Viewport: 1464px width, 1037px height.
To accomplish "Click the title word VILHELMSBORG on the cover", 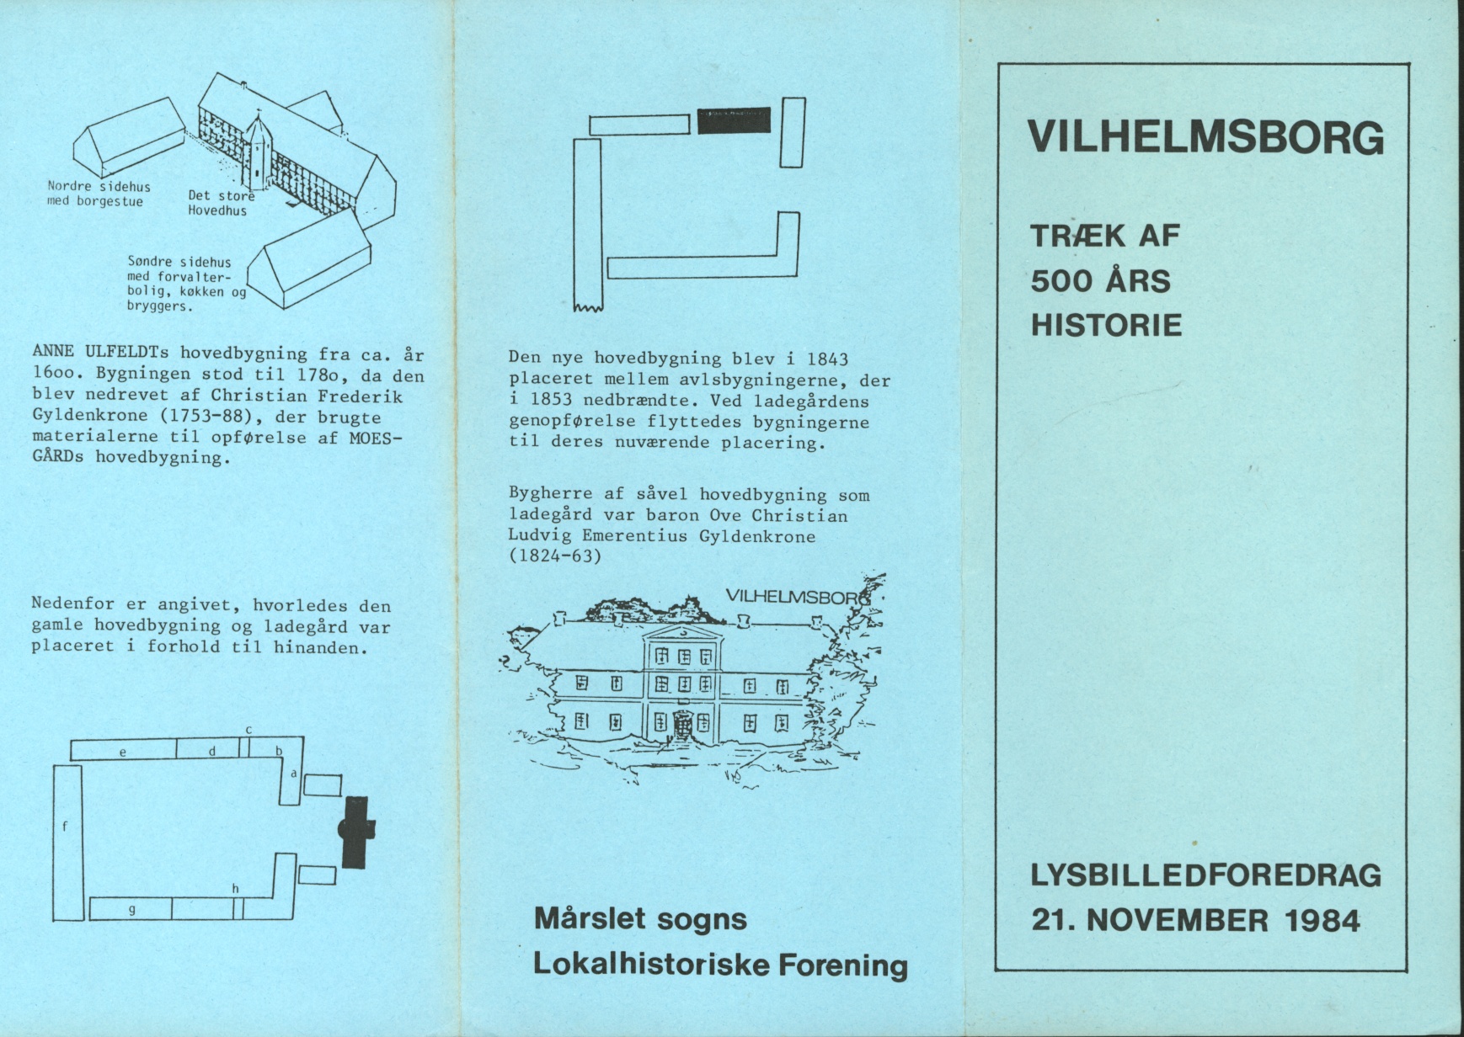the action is click(x=1206, y=137).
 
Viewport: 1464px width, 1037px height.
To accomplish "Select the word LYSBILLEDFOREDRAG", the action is click(x=1206, y=876).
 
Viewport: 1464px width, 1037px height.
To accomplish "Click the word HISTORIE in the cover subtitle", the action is click(x=1107, y=325).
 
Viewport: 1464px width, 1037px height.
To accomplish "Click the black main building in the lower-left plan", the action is click(x=355, y=830).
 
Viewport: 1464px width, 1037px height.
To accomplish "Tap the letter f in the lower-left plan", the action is click(x=65, y=827).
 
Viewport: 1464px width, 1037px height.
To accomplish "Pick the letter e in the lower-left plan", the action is click(x=123, y=751).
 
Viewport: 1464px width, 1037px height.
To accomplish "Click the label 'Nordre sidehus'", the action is click(x=99, y=186).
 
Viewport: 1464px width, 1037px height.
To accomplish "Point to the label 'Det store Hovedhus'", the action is click(x=219, y=203).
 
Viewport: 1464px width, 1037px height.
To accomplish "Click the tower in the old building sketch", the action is click(x=258, y=151).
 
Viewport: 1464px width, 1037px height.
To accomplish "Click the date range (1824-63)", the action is click(x=555, y=556).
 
